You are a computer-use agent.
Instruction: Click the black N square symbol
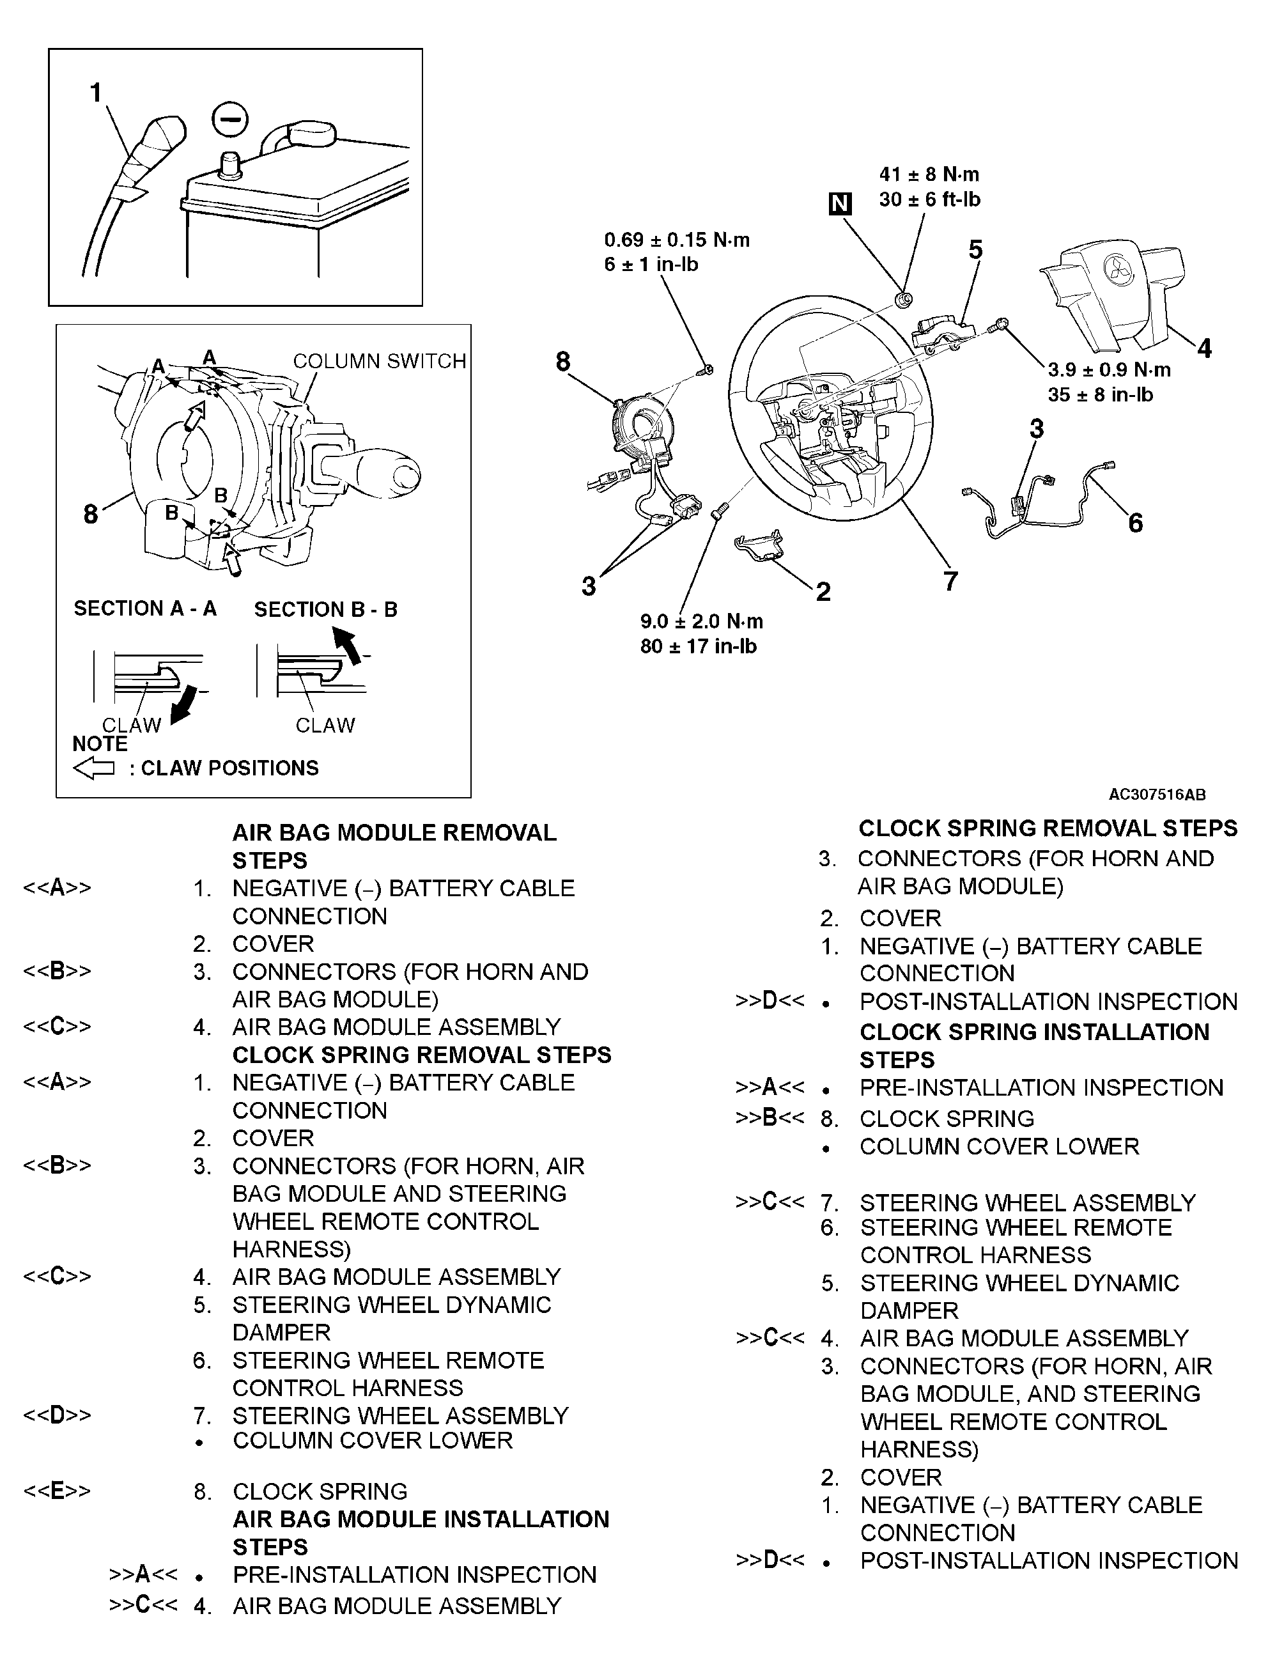click(x=840, y=204)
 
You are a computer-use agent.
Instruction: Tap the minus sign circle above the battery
click(x=230, y=119)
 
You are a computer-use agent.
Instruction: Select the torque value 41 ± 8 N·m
click(x=929, y=175)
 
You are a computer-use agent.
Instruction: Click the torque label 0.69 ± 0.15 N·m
click(x=677, y=240)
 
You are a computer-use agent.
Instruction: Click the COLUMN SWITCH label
click(x=379, y=361)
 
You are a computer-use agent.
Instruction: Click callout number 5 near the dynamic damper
click(x=975, y=249)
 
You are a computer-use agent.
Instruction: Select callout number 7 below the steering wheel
click(x=950, y=581)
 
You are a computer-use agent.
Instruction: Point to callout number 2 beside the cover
click(x=823, y=591)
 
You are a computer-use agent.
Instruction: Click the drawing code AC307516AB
click(x=1157, y=794)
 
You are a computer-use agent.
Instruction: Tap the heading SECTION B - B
click(x=325, y=609)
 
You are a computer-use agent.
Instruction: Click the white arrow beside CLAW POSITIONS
click(x=94, y=768)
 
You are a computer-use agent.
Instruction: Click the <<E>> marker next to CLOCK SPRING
click(x=57, y=1491)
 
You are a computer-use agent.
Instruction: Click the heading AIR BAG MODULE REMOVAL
click(x=394, y=832)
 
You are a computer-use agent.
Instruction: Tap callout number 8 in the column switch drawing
click(x=90, y=515)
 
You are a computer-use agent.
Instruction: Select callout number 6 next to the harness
click(x=1135, y=523)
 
